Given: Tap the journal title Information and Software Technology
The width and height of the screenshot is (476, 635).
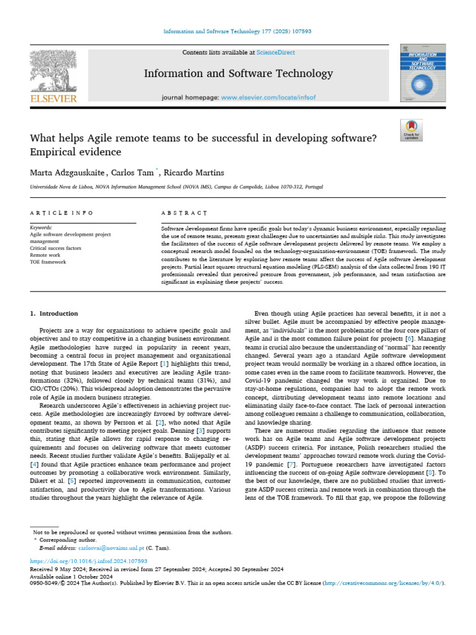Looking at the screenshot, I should tap(238, 74).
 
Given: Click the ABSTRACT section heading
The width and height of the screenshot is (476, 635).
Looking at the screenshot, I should tap(184, 213).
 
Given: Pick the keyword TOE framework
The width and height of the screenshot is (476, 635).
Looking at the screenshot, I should tap(48, 261).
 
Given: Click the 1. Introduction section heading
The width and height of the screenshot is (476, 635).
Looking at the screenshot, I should tap(55, 314).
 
